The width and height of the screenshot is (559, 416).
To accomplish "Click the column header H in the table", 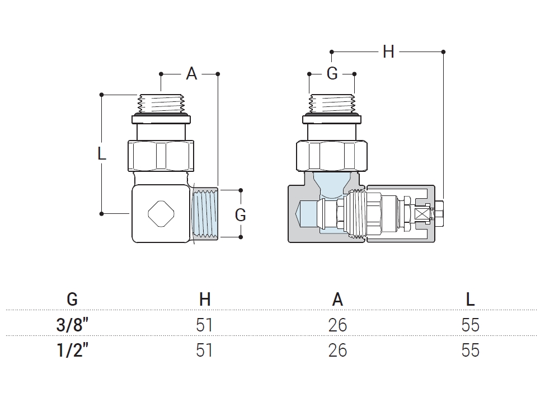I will click(205, 300).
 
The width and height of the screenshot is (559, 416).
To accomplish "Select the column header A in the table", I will click(337, 300).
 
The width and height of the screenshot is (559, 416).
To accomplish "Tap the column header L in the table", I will click(470, 300).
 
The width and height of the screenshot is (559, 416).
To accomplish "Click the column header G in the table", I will click(72, 300).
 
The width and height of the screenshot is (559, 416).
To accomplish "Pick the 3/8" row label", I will click(72, 325).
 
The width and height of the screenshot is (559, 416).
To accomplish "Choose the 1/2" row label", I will click(72, 350).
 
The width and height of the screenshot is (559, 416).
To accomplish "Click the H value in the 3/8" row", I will click(205, 325).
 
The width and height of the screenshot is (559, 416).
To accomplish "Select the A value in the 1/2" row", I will click(337, 350).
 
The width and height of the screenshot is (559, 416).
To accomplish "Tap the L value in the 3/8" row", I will click(470, 325).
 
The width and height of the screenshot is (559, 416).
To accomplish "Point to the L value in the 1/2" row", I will click(470, 350).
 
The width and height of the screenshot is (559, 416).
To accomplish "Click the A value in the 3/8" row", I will click(337, 325).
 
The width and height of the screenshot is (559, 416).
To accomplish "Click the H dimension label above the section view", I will click(388, 52).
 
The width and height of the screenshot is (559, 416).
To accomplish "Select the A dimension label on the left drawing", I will click(191, 73).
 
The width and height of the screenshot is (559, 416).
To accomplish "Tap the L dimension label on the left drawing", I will click(102, 153).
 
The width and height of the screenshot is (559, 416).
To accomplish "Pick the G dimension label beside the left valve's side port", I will click(240, 215).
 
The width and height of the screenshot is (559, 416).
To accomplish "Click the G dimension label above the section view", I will click(332, 73).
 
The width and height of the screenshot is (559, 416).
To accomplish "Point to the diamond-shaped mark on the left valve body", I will click(161, 213).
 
